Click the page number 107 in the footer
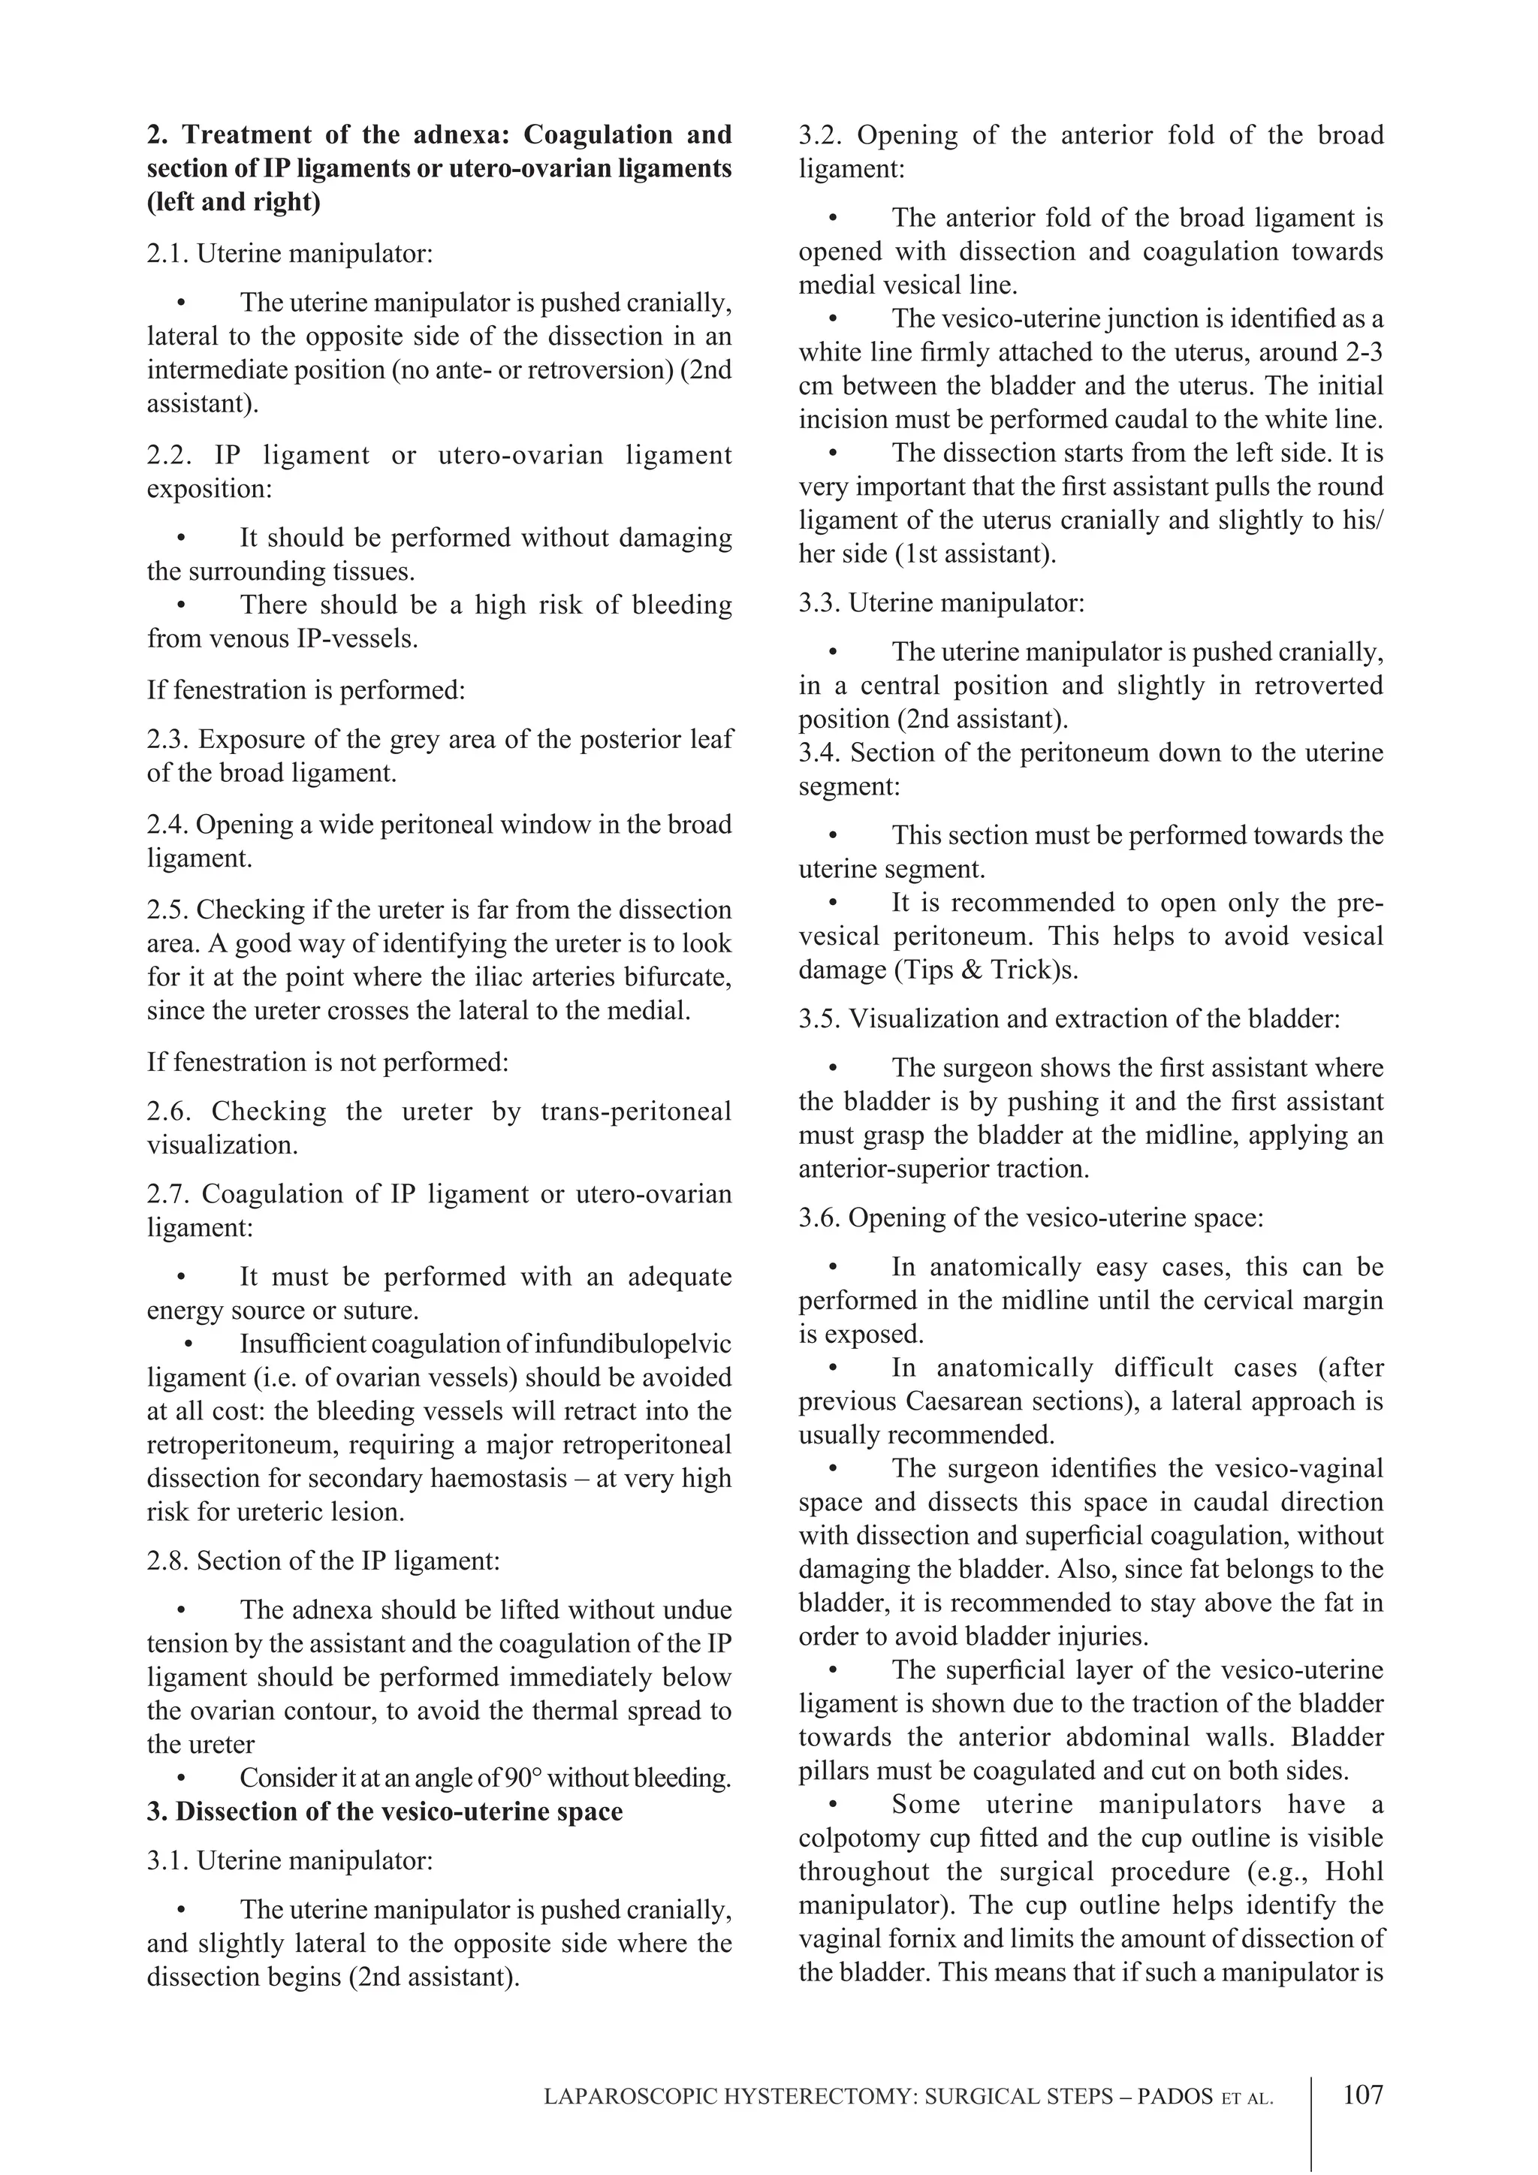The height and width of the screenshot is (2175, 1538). click(x=1363, y=2095)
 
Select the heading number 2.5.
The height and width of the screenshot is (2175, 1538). click(x=167, y=910)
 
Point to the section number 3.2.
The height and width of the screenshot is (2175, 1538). click(x=820, y=134)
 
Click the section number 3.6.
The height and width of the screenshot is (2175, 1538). click(x=819, y=1217)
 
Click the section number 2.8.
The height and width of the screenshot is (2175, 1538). click(x=167, y=1561)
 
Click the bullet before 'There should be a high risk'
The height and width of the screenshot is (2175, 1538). click(x=182, y=605)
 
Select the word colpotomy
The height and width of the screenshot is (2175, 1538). click(x=852, y=1838)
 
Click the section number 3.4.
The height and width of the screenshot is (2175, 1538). click(x=820, y=753)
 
